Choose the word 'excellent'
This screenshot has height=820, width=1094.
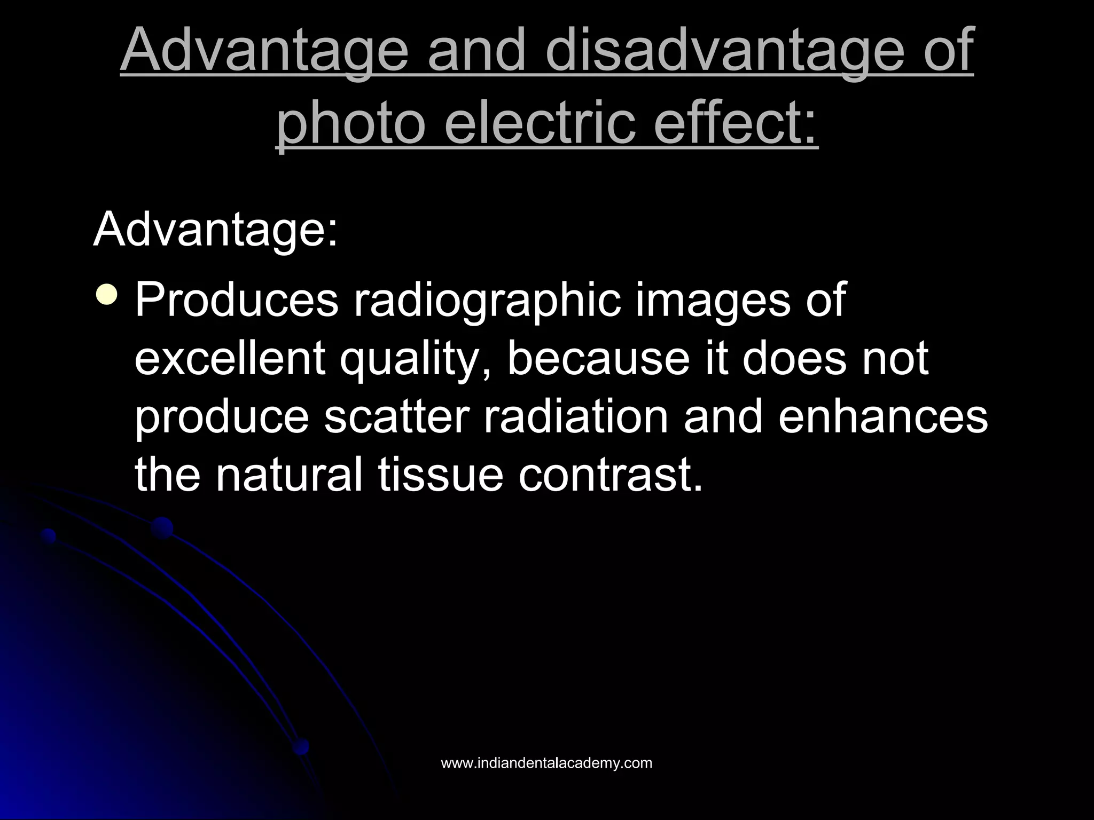(x=230, y=358)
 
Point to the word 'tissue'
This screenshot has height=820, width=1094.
(x=441, y=474)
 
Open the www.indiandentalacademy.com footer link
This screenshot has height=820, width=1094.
(x=546, y=763)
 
